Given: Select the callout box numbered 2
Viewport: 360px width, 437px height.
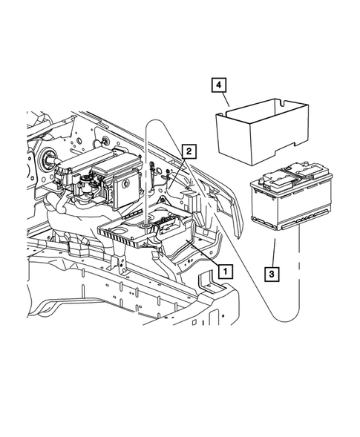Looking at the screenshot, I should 190,152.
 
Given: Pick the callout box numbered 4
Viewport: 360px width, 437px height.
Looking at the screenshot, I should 217,87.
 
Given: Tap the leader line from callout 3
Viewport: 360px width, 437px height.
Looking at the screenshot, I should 275,252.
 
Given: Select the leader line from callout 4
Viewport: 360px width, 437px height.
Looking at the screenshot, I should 227,102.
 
